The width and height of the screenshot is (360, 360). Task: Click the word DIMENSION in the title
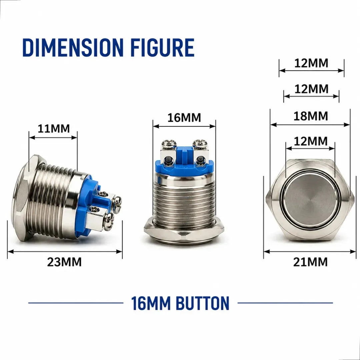[x=73, y=48]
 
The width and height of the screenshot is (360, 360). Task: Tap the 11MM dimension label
[x=53, y=128]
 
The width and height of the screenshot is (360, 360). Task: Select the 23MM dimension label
[x=64, y=262]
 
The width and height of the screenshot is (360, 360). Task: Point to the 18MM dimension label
[x=311, y=116]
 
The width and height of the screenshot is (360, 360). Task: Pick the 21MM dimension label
[x=310, y=262]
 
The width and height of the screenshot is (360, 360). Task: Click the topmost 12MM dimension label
[x=311, y=63]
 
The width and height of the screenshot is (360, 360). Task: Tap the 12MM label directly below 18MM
[x=311, y=141]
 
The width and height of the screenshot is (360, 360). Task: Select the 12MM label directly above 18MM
[x=311, y=89]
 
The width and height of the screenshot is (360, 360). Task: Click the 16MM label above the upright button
[x=184, y=118]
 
